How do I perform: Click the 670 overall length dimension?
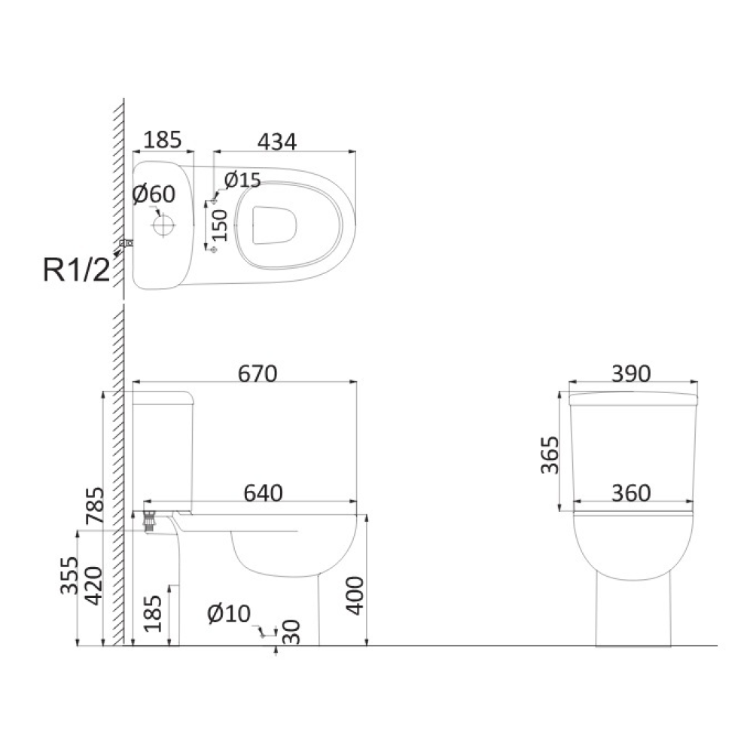point(258,374)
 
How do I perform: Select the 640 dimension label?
point(263,493)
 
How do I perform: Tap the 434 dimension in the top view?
point(277,142)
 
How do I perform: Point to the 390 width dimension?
point(631,373)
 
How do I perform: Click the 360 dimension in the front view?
point(631,493)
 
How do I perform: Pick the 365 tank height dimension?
point(550,455)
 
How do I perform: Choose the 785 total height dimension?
point(95,505)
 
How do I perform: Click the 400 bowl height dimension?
point(356,596)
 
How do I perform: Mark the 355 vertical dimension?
point(69,575)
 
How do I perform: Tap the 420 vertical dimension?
point(93,586)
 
